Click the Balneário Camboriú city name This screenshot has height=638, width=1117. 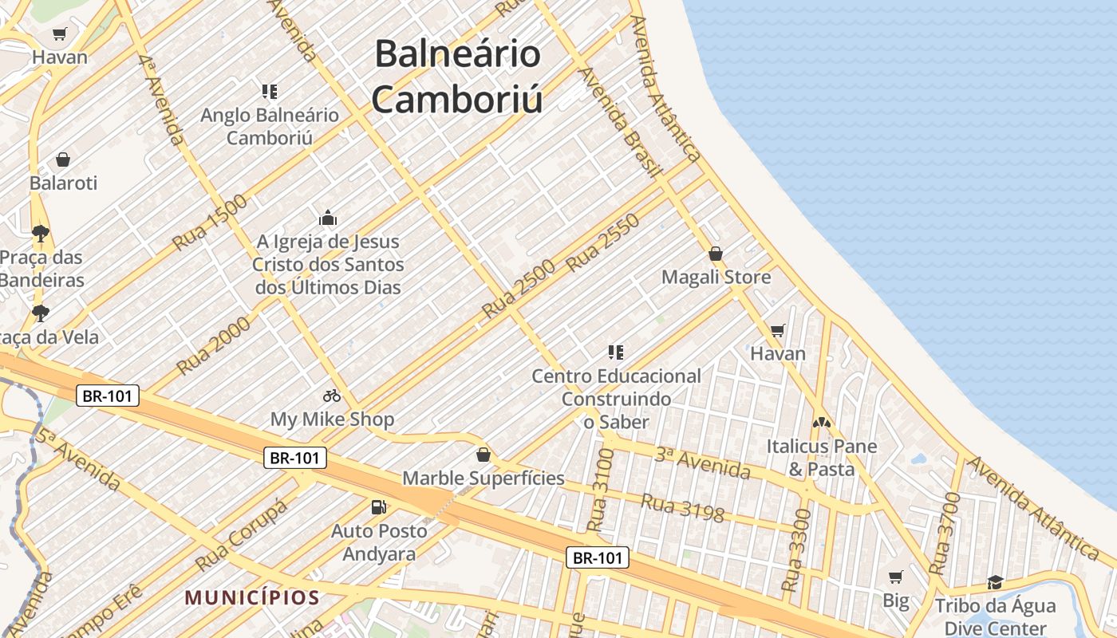point(457,77)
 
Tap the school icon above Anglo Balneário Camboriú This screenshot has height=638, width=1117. point(269,92)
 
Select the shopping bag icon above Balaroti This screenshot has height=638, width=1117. point(63,159)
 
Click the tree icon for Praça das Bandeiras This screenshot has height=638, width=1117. point(41,234)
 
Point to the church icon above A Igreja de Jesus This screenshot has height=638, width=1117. point(328,218)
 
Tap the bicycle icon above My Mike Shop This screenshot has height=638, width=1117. point(332,395)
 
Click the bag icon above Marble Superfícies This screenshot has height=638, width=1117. point(483,455)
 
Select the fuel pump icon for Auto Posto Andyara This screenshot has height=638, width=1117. point(379,506)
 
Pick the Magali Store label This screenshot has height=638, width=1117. point(716,277)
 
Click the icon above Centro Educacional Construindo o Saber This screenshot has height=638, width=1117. point(616,352)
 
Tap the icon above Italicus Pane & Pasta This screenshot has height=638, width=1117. point(822,423)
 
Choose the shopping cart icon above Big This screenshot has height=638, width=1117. point(896,576)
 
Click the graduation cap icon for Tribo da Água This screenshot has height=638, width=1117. point(995,582)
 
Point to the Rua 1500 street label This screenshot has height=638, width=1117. point(210,221)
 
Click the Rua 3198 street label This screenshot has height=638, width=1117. point(682,509)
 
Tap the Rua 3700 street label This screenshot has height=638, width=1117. point(946,534)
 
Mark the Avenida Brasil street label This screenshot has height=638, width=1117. point(620,121)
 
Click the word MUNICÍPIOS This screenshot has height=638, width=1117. point(252,597)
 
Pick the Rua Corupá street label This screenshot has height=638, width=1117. point(241,535)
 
